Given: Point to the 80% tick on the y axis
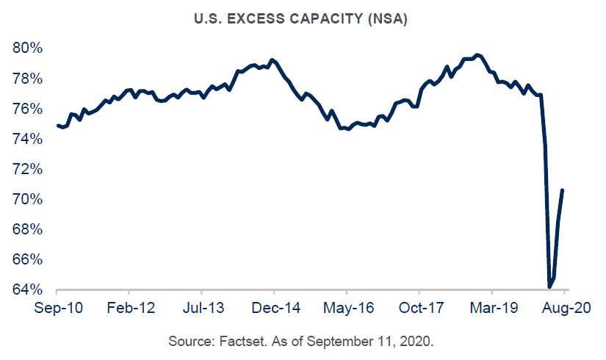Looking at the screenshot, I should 28,48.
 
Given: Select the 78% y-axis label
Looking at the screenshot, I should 28,79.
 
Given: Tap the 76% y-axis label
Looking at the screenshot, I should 28,109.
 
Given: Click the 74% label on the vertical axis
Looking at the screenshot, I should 28,139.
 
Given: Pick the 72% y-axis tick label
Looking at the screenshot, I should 28,169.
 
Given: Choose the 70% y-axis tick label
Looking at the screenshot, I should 28,200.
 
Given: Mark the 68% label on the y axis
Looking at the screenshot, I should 28,230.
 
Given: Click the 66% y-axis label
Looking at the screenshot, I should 28,260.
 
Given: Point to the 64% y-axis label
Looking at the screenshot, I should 28,290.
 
